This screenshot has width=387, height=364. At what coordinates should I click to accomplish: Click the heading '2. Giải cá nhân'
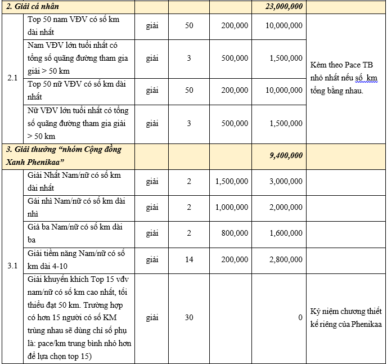coord(37,7)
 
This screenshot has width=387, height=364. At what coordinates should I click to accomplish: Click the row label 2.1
coord(12,78)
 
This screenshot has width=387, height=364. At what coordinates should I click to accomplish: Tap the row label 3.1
coord(12,266)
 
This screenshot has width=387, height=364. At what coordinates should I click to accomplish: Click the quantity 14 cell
coord(189,259)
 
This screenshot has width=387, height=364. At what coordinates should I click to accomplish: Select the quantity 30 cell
coord(189,318)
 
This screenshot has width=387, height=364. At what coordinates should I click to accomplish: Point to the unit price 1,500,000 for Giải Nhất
coord(231,181)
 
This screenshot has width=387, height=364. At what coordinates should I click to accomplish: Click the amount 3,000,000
coord(286,181)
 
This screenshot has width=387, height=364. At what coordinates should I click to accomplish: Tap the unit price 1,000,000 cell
coord(231,207)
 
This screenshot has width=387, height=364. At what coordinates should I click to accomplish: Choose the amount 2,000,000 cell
coord(286,207)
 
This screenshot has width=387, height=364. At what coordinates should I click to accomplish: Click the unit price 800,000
coord(235,233)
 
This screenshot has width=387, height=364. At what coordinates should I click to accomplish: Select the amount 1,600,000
coord(286,233)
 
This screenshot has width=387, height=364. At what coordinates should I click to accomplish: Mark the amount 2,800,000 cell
coord(286,259)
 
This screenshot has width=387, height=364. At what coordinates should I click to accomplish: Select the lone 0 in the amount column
coord(300,318)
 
